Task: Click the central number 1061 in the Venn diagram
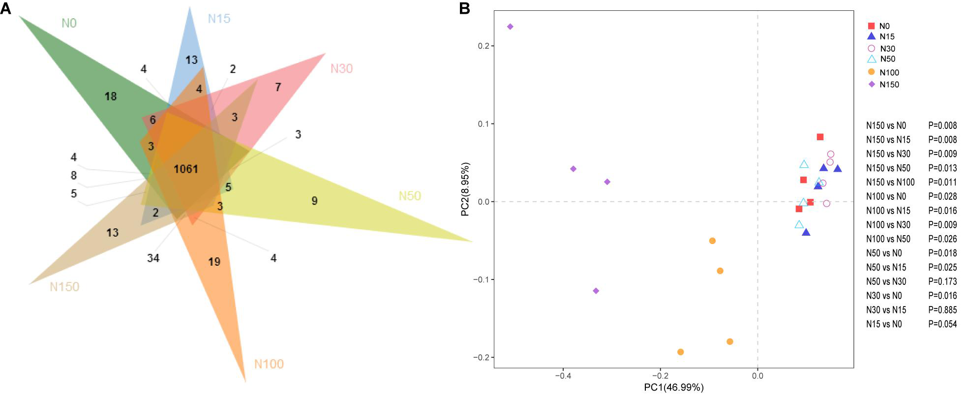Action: coord(186,169)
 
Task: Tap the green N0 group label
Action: coord(69,23)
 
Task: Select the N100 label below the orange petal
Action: coord(269,364)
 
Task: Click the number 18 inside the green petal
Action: coord(111,96)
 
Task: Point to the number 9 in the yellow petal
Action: coord(314,201)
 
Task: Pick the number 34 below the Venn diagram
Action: coord(153,258)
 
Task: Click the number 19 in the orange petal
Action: coord(214,262)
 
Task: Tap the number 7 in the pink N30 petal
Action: coord(278,87)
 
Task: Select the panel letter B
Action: coord(464,8)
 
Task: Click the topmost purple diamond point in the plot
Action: coord(510,27)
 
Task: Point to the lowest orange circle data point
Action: coord(680,352)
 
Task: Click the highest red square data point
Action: coord(820,137)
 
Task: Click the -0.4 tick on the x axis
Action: coord(563,376)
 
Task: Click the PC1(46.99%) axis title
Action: coord(673,388)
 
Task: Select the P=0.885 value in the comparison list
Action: coord(942,310)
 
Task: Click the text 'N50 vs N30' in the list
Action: coord(886,281)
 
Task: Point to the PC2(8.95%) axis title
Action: coord(465,189)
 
